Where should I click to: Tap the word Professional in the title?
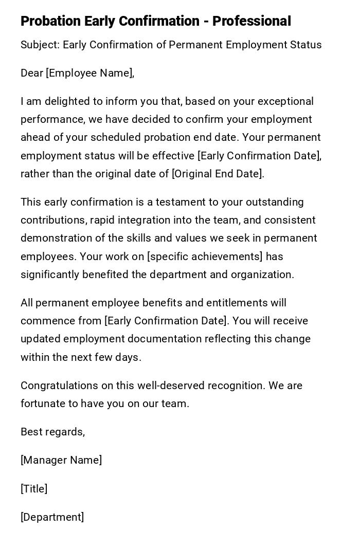click(251, 21)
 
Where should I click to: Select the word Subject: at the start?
click(40, 45)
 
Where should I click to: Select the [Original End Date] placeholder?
click(218, 174)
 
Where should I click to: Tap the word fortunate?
click(42, 404)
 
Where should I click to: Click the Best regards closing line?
click(52, 432)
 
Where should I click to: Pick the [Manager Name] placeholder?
click(61, 460)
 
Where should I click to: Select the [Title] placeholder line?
click(34, 489)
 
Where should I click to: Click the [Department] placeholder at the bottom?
click(52, 517)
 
